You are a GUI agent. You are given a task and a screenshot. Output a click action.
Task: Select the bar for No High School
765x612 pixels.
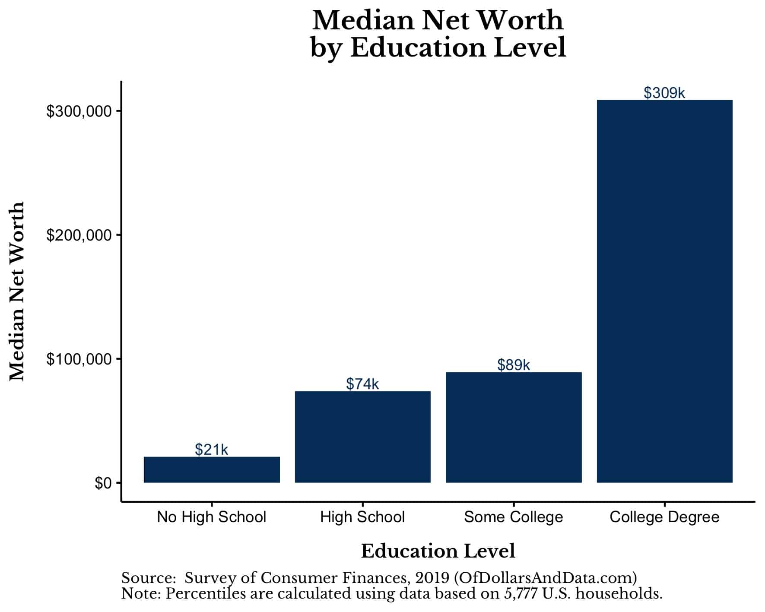click(212, 469)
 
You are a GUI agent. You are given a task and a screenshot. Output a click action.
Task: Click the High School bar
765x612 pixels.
click(362, 437)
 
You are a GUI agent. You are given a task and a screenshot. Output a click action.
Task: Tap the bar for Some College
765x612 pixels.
click(514, 427)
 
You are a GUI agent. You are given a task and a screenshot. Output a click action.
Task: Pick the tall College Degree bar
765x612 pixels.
click(664, 291)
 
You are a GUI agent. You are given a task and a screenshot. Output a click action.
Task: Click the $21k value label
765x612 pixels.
click(211, 450)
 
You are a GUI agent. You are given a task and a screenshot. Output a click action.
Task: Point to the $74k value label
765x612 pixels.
click(362, 384)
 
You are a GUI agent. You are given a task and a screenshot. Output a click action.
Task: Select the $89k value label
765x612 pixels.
click(513, 365)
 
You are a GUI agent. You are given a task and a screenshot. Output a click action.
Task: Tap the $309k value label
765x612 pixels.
click(664, 93)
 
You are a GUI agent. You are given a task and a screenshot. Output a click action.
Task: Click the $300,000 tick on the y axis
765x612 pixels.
click(79, 111)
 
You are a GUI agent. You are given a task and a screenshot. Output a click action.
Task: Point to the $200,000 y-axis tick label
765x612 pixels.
click(79, 235)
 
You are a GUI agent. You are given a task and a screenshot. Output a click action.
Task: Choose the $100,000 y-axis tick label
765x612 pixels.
click(79, 359)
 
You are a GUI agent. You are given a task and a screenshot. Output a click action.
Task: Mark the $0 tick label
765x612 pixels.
click(103, 483)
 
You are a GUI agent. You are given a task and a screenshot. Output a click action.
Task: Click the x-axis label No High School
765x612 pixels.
click(211, 517)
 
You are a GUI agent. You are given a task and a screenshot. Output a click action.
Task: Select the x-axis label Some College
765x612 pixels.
click(513, 517)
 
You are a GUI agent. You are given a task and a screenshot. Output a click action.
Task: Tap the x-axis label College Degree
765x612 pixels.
click(664, 517)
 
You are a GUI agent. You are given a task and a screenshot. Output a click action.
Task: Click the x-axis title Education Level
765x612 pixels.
click(438, 551)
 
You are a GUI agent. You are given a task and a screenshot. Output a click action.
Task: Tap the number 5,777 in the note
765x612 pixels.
click(521, 593)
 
